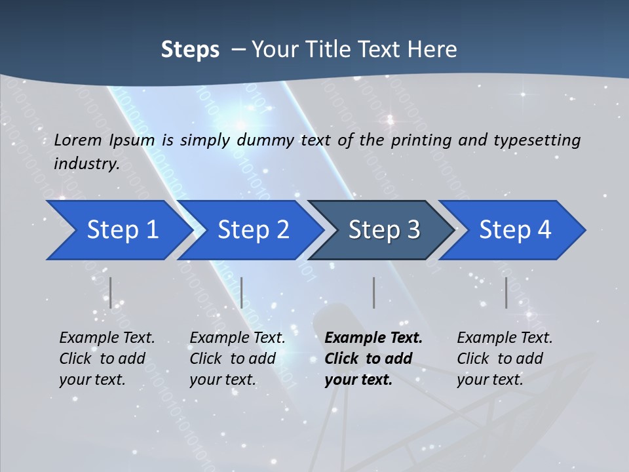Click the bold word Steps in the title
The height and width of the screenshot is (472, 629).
coord(190,50)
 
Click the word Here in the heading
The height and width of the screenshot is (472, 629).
coord(432,50)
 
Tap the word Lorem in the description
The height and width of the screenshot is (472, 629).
coord(78,140)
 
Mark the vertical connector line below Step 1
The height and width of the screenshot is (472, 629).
coord(111,292)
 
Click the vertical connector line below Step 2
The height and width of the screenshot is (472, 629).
coord(242,292)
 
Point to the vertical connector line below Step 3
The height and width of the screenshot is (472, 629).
coord(373,292)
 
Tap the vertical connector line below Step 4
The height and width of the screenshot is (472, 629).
coord(506,292)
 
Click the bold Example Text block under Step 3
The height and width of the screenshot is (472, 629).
coord(373,359)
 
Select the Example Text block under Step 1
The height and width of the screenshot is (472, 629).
coord(107,359)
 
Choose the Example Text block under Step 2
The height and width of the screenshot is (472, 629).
coord(237,359)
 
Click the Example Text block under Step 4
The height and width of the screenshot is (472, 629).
coord(505,359)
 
